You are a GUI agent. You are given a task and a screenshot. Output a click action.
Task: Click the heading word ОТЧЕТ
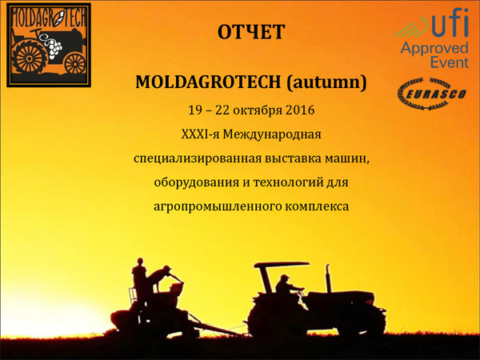251,32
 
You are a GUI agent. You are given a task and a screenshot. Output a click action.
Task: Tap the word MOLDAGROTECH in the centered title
208,82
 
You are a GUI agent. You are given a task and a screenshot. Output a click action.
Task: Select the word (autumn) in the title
326,82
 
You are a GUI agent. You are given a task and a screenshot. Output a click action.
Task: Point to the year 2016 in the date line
300,110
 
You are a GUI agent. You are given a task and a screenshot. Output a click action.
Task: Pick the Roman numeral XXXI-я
200,134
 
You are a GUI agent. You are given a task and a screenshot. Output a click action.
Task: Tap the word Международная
272,134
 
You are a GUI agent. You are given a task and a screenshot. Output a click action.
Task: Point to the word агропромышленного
218,206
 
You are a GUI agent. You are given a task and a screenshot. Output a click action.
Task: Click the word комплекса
317,206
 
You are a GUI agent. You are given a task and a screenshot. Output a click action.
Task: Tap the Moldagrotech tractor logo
49,45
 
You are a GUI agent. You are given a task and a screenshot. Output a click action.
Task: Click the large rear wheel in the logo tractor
30,58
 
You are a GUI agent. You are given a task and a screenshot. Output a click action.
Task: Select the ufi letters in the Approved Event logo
450,23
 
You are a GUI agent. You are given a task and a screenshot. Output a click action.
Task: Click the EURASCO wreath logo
432,94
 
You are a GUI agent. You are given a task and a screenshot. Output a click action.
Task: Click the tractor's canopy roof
282,265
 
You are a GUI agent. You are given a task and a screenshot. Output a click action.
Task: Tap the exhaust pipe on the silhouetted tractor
328,278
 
